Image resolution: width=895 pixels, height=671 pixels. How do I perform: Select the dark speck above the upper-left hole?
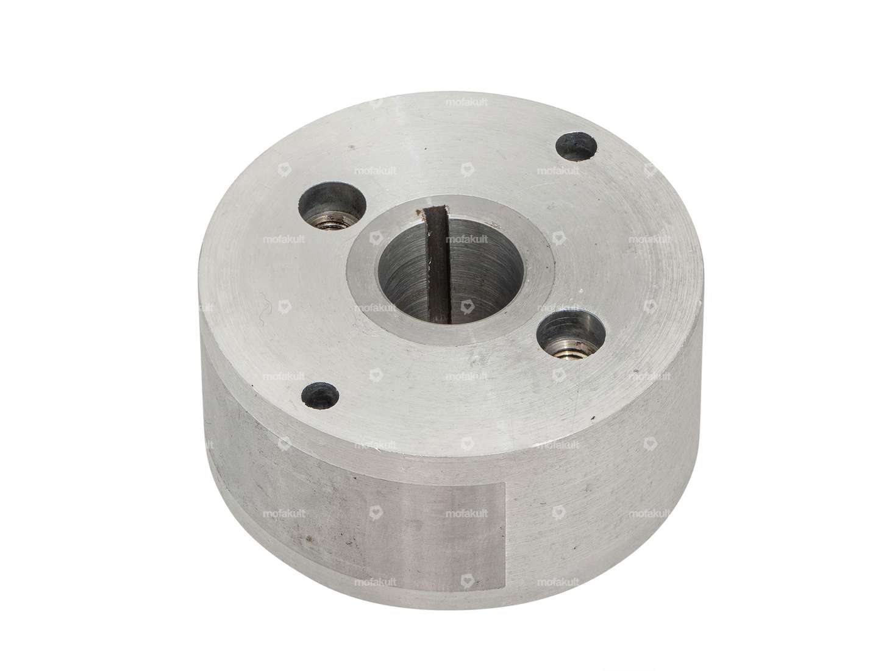352,147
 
